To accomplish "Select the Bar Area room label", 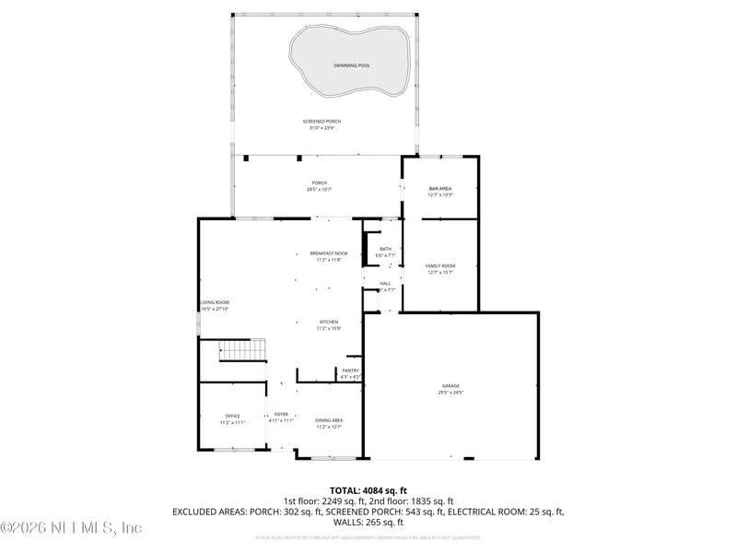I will tap(439, 188).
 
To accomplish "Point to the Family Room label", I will tap(439, 265).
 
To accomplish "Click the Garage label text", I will tap(450, 386).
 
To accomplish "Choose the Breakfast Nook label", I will tap(329, 253).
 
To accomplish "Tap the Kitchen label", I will tap(329, 322).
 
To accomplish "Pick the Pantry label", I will tap(351, 371).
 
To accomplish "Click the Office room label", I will tap(232, 416).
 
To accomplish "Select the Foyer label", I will tap(281, 416).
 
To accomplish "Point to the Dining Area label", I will tap(329, 420).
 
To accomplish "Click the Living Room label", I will tap(216, 302).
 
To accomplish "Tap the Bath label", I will tap(385, 248).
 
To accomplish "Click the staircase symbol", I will tap(241, 350).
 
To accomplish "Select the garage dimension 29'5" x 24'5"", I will tap(450, 393).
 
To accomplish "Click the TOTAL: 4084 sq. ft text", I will tap(368, 490).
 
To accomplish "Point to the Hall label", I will tap(385, 283).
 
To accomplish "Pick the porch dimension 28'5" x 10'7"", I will tap(319, 189).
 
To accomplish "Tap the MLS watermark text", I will tap(71, 528).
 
